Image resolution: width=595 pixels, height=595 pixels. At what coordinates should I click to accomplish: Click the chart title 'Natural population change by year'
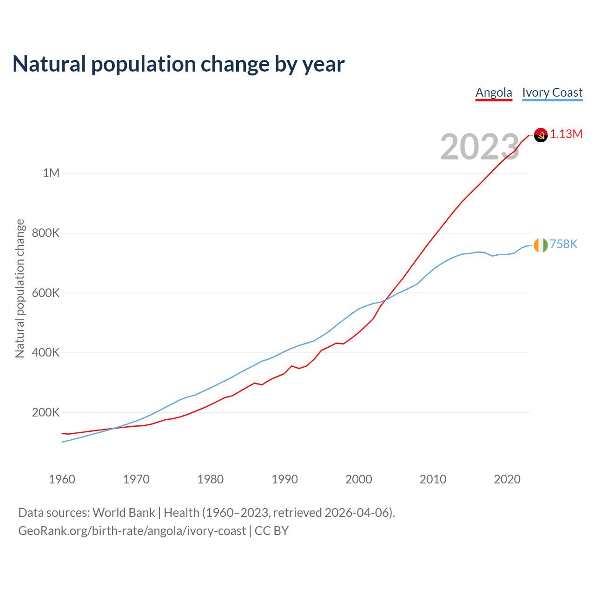point(178,64)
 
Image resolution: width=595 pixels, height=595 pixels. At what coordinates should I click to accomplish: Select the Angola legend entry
point(494,93)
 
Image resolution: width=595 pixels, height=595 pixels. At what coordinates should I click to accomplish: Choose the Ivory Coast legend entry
point(552,93)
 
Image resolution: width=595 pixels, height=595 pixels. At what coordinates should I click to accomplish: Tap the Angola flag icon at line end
point(541,135)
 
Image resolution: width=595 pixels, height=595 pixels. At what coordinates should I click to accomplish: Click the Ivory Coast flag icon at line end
point(541,245)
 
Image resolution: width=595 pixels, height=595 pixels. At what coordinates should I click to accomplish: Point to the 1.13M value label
point(566,134)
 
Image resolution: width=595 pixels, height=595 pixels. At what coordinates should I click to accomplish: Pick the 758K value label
point(563,244)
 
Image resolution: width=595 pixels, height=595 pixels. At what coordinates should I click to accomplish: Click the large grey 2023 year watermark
point(480,147)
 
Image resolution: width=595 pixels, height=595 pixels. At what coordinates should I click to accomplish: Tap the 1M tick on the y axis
point(51,173)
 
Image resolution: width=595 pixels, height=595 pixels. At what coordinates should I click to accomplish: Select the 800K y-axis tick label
point(46,233)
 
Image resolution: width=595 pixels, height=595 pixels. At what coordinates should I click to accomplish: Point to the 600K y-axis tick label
point(46,293)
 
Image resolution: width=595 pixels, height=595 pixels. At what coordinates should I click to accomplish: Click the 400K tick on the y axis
point(46,352)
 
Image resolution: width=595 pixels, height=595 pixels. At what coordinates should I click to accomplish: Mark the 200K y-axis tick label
point(46,412)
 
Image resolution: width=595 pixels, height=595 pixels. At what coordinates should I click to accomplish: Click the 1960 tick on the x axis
point(62,479)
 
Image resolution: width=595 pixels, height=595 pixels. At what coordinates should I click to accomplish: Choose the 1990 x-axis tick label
point(284,479)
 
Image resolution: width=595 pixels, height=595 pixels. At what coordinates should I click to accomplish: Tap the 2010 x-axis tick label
point(433,479)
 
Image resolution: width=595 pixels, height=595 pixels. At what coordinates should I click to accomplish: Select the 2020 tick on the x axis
point(507,479)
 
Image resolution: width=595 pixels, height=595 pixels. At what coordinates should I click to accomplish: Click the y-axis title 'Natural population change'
point(20,288)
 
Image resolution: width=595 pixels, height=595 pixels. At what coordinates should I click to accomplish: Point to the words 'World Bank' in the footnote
point(124,513)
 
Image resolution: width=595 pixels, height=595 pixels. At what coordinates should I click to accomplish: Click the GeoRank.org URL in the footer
point(132,531)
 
